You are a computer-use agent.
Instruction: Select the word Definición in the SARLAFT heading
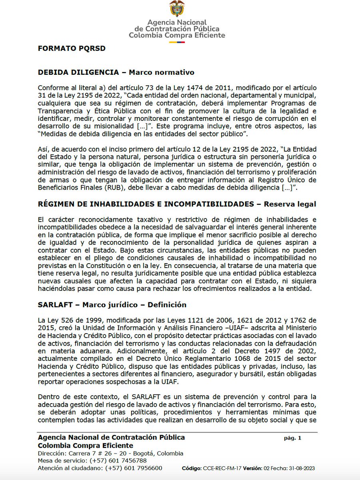[x=167, y=304]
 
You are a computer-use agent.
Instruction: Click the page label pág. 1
[x=292, y=438]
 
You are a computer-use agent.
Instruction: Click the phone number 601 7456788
[x=121, y=461]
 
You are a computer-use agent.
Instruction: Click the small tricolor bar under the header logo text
[x=177, y=41]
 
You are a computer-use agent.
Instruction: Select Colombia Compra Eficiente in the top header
[x=177, y=35]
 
